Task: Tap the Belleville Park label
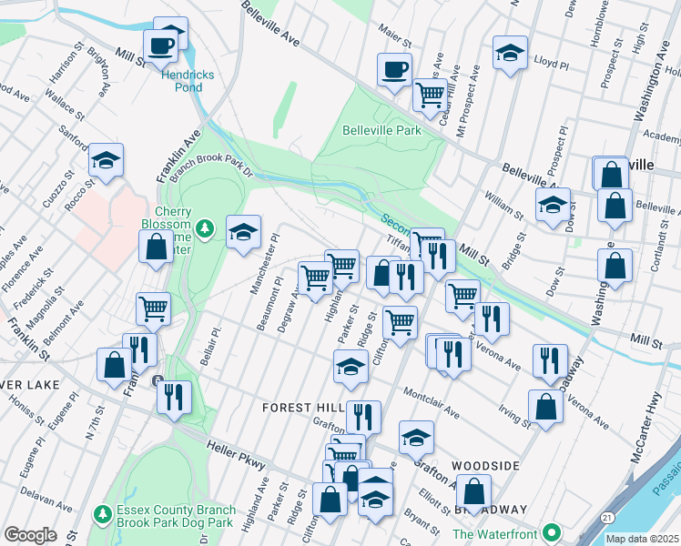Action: (381, 130)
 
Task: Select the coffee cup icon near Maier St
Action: (394, 70)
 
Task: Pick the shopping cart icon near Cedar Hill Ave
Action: (430, 94)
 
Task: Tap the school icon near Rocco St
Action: (107, 162)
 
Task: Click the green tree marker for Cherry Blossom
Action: (207, 227)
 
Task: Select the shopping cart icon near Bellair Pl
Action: (154, 309)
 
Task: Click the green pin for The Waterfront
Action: (550, 532)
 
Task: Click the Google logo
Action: (30, 535)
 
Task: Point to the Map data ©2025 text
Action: (641, 539)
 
